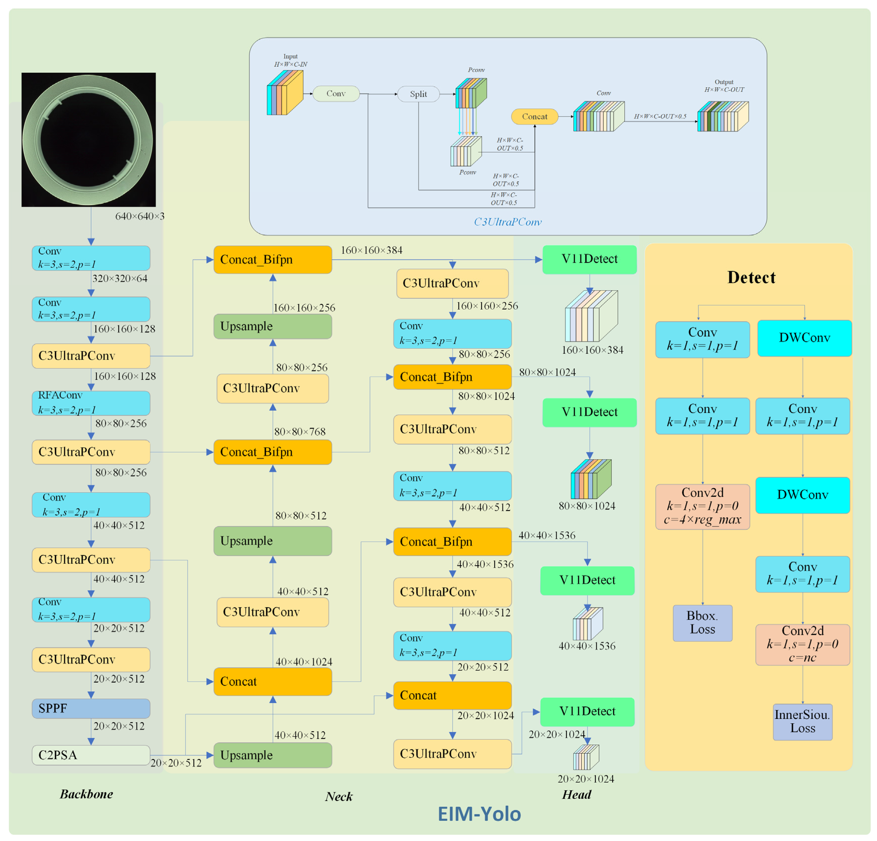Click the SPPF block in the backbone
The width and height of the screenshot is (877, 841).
tap(91, 708)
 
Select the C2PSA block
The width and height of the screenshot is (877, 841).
tap(91, 755)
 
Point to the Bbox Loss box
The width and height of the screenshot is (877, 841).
tap(702, 622)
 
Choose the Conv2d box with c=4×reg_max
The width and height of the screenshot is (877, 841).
tap(702, 506)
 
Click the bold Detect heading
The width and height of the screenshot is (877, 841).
tap(751, 277)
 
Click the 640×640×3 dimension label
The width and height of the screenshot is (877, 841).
tap(140, 216)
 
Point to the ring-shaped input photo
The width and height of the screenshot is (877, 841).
tap(89, 139)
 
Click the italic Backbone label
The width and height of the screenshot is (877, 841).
tap(86, 794)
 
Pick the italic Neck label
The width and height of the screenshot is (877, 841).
tap(339, 796)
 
